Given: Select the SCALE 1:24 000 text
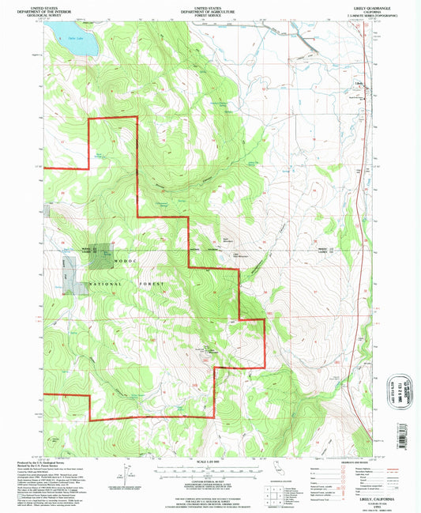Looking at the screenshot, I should tap(209, 459).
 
